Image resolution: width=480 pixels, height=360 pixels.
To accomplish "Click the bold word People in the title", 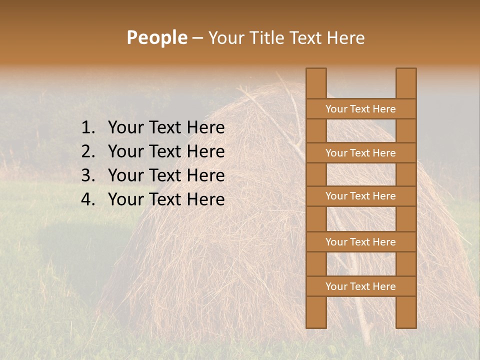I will pyautogui.click(x=156, y=37).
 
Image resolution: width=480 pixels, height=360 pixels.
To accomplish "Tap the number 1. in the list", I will pyautogui.click(x=88, y=128).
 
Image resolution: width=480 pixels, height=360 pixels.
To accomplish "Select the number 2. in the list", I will pyautogui.click(x=88, y=151).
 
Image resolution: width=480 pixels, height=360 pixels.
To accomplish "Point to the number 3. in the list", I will pyautogui.click(x=88, y=175).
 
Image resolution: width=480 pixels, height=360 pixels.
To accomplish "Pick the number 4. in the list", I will pyautogui.click(x=88, y=199).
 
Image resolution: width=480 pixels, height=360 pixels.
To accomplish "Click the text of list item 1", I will pyautogui.click(x=166, y=128).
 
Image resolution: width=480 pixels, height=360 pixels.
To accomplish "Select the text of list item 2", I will pyautogui.click(x=166, y=151).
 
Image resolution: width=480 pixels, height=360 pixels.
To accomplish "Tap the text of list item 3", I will pyautogui.click(x=166, y=175).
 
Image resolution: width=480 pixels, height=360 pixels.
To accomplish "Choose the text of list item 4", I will pyautogui.click(x=166, y=199).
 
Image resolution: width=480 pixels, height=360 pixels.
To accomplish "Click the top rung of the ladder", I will pyautogui.click(x=360, y=109).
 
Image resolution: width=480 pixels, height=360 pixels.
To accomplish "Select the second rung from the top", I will pyautogui.click(x=360, y=153).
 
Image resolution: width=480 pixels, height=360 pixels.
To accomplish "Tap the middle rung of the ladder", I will pyautogui.click(x=360, y=196).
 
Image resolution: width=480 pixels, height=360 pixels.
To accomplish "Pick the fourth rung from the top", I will pyautogui.click(x=360, y=242).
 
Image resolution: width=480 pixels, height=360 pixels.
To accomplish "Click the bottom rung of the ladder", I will pyautogui.click(x=360, y=286).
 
